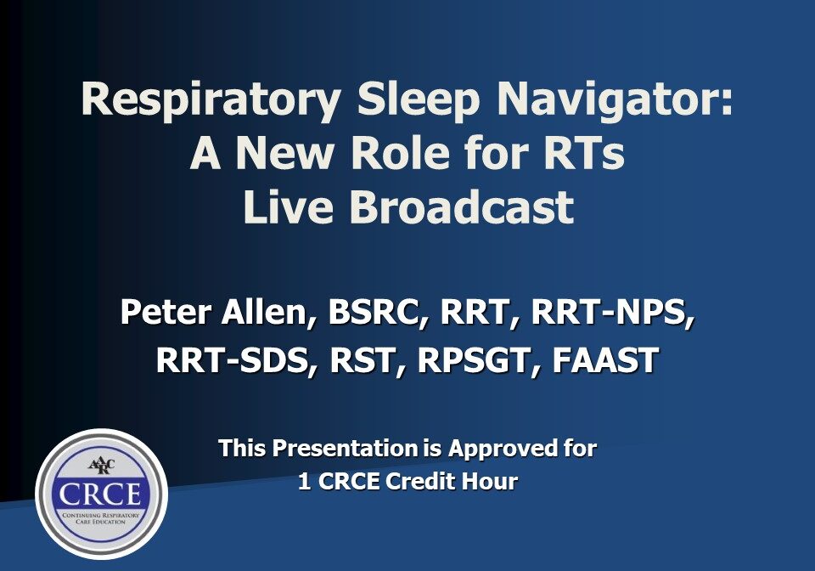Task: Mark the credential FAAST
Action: (604, 360)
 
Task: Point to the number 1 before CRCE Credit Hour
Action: (303, 482)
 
